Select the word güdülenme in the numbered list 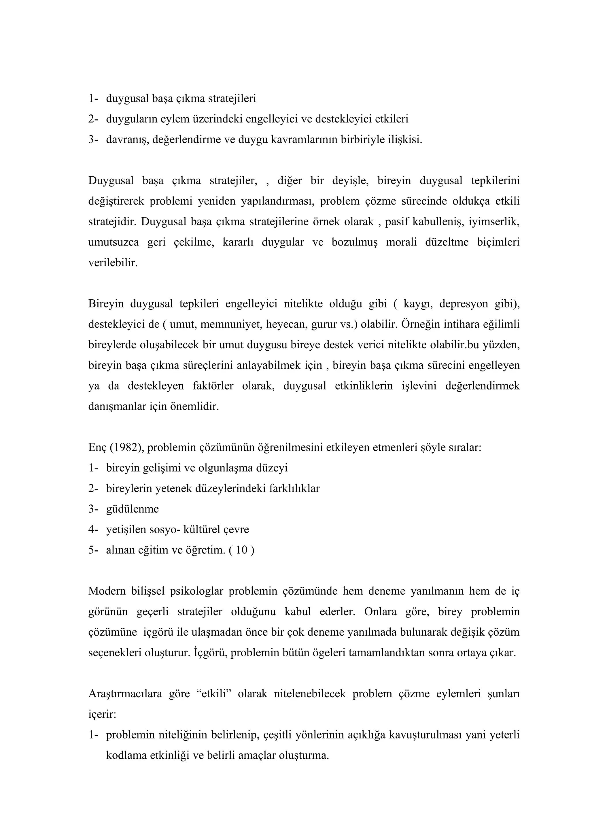(x=132, y=509)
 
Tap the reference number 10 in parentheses (x=242, y=549)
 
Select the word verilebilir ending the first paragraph (x=113, y=262)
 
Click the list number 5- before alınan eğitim (x=93, y=549)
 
